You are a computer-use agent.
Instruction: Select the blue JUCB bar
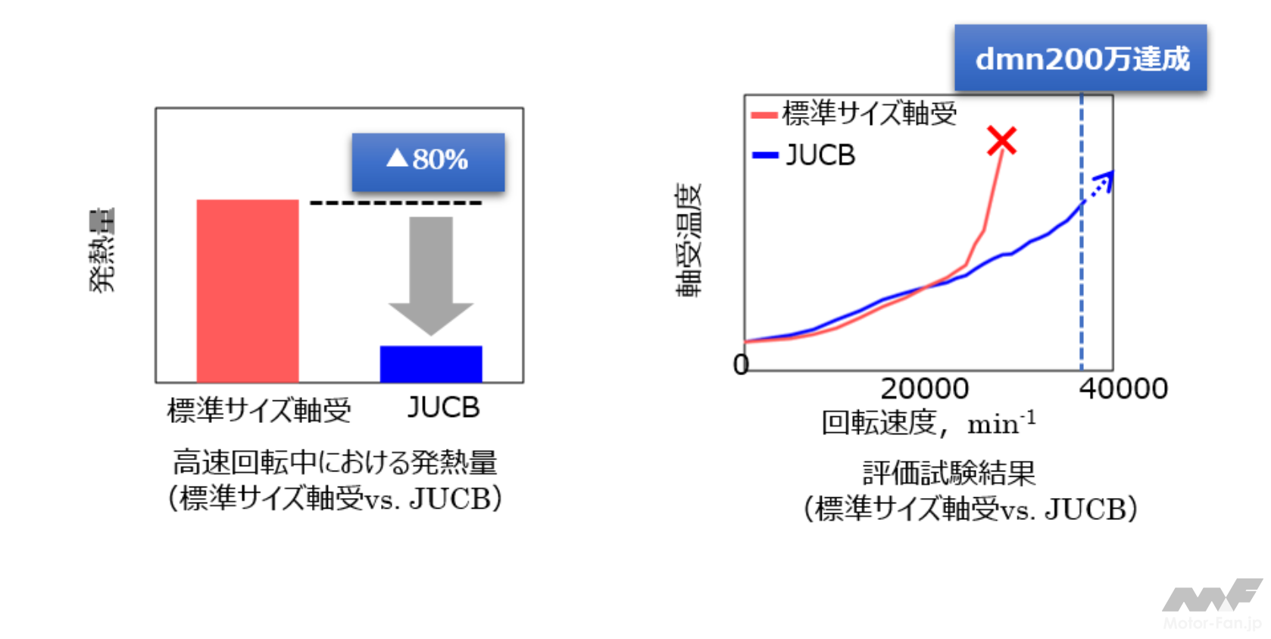pos(430,364)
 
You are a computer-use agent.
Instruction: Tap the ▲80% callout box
pos(428,161)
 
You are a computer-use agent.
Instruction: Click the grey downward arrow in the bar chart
pos(431,273)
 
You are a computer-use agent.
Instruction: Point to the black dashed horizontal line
pos(395,203)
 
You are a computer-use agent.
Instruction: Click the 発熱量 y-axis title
pos(101,250)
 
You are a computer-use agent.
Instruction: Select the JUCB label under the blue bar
pos(443,408)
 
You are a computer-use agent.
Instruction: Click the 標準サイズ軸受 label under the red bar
pos(259,410)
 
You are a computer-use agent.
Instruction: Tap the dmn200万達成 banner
pos(1080,58)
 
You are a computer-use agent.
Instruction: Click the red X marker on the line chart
pos(1001,141)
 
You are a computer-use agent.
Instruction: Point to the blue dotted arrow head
pos(1106,179)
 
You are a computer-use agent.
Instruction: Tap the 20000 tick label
pos(924,389)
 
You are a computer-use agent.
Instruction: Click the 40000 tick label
pos(1123,389)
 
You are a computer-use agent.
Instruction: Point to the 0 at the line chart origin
pos(741,365)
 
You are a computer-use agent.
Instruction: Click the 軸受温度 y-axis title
pos(689,240)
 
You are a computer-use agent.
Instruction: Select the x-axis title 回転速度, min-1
pos(928,423)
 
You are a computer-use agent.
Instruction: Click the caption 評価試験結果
pos(949,473)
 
